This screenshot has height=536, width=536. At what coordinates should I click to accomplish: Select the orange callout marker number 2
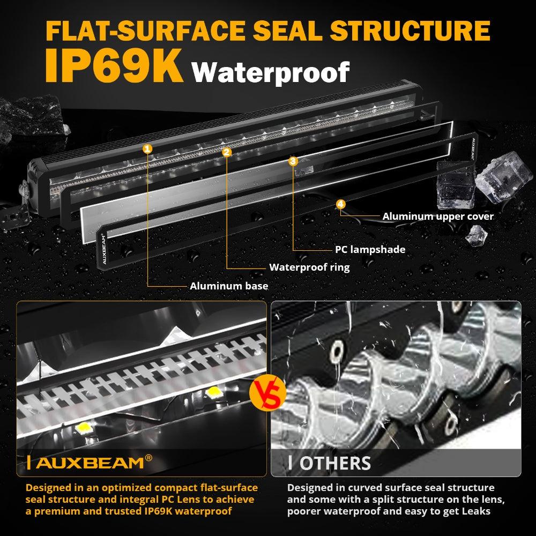(x=227, y=152)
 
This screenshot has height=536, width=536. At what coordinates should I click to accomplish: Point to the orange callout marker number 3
(x=293, y=161)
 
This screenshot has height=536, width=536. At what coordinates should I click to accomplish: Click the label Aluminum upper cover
(x=438, y=217)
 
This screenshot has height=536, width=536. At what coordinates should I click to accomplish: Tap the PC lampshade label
(x=370, y=249)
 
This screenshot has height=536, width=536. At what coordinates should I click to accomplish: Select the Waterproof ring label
(x=309, y=267)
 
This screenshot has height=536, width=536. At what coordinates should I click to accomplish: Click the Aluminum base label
(x=229, y=286)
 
